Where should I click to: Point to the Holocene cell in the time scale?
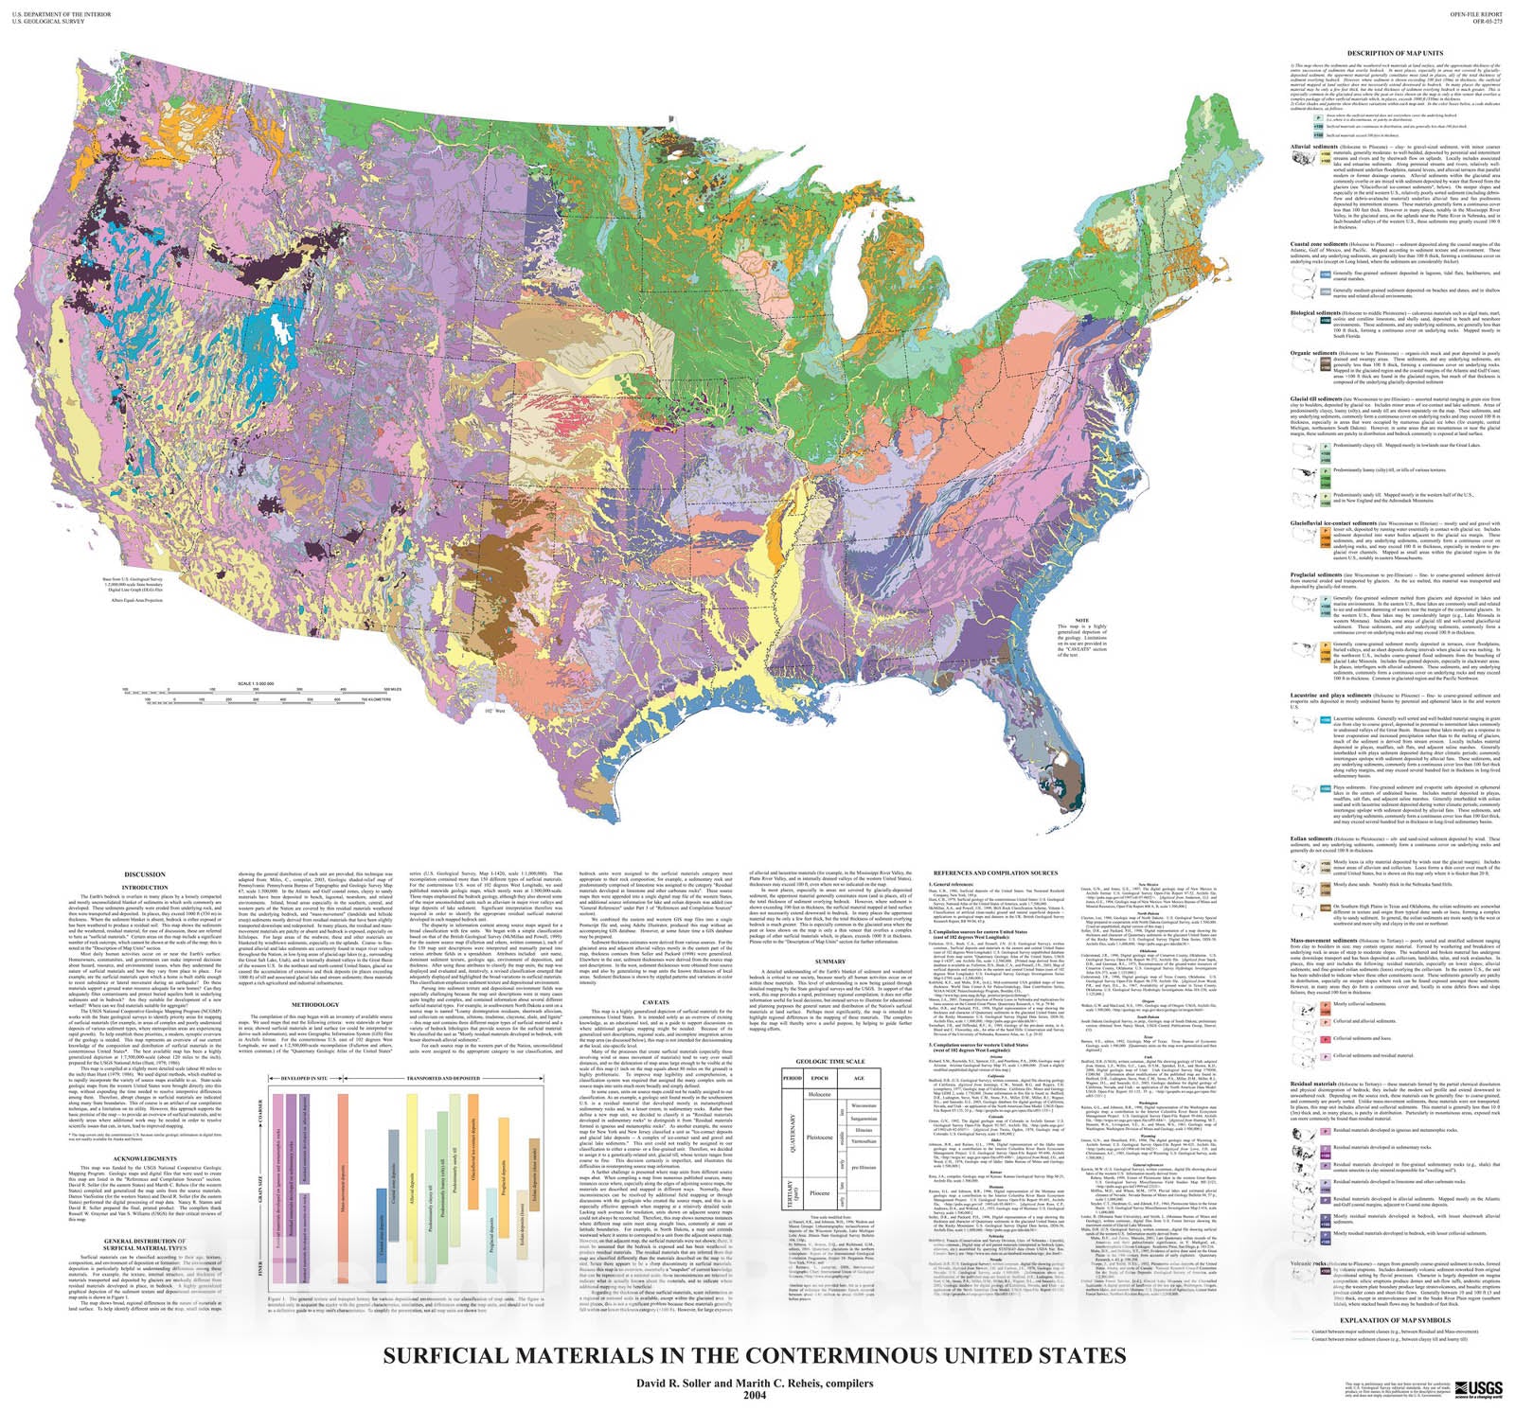pyautogui.click(x=820, y=1094)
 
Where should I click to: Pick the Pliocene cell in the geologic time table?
pyautogui.click(x=820, y=1192)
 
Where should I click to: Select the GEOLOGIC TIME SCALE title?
pyautogui.click(x=830, y=1062)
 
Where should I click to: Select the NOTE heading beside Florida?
pyautogui.click(x=1068, y=620)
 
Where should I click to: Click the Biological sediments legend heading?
pyautogui.click(x=1321, y=312)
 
